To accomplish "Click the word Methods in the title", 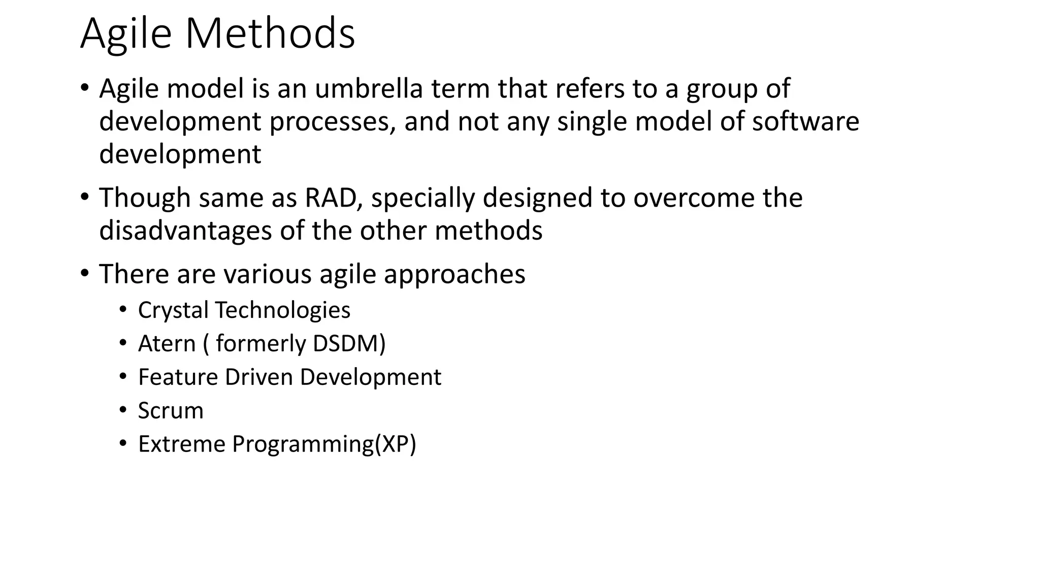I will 270,34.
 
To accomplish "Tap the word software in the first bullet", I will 805,121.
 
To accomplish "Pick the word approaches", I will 454,274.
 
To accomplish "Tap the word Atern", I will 167,344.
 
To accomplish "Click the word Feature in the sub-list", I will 177,377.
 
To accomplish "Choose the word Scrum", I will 171,411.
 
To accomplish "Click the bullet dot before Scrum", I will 123,410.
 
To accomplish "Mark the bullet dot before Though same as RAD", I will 84,197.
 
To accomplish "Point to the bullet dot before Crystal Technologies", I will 123,309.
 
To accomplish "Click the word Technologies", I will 283,310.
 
